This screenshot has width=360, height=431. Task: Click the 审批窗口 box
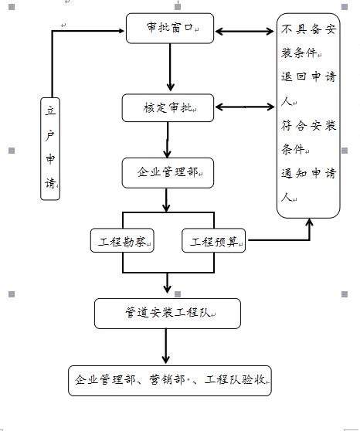pyautogui.click(x=170, y=28)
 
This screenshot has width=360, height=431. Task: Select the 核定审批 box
pyautogui.click(x=168, y=108)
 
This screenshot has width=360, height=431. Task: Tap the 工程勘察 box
pyautogui.click(x=122, y=240)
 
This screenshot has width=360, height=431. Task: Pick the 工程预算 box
pyautogui.click(x=213, y=240)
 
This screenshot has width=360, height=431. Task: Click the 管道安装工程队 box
pyautogui.click(x=167, y=314)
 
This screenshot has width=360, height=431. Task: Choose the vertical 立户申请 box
pyautogui.click(x=50, y=149)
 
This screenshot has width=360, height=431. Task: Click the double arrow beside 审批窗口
pyautogui.click(x=244, y=32)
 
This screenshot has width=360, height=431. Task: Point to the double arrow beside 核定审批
pyautogui.click(x=244, y=107)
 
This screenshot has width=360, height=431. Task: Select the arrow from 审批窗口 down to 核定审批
pyautogui.click(x=170, y=67)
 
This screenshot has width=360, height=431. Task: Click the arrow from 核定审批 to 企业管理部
pyautogui.click(x=167, y=140)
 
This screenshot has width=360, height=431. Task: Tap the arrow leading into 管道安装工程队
pyautogui.click(x=167, y=283)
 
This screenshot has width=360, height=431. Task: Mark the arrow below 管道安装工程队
pyautogui.click(x=165, y=346)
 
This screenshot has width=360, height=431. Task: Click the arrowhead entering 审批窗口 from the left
pyautogui.click(x=121, y=31)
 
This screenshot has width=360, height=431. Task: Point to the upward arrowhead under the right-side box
pyautogui.click(x=309, y=222)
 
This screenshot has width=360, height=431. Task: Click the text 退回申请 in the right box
pyautogui.click(x=308, y=76)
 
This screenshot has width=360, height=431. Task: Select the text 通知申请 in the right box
pyautogui.click(x=308, y=173)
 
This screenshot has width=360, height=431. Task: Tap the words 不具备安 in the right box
pyautogui.click(x=308, y=29)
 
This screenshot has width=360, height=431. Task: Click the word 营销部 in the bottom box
pyautogui.click(x=167, y=379)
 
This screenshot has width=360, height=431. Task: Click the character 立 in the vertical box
pyautogui.click(x=50, y=110)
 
